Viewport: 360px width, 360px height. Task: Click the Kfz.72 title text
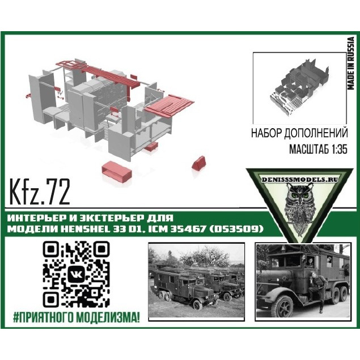(x=40, y=193)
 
